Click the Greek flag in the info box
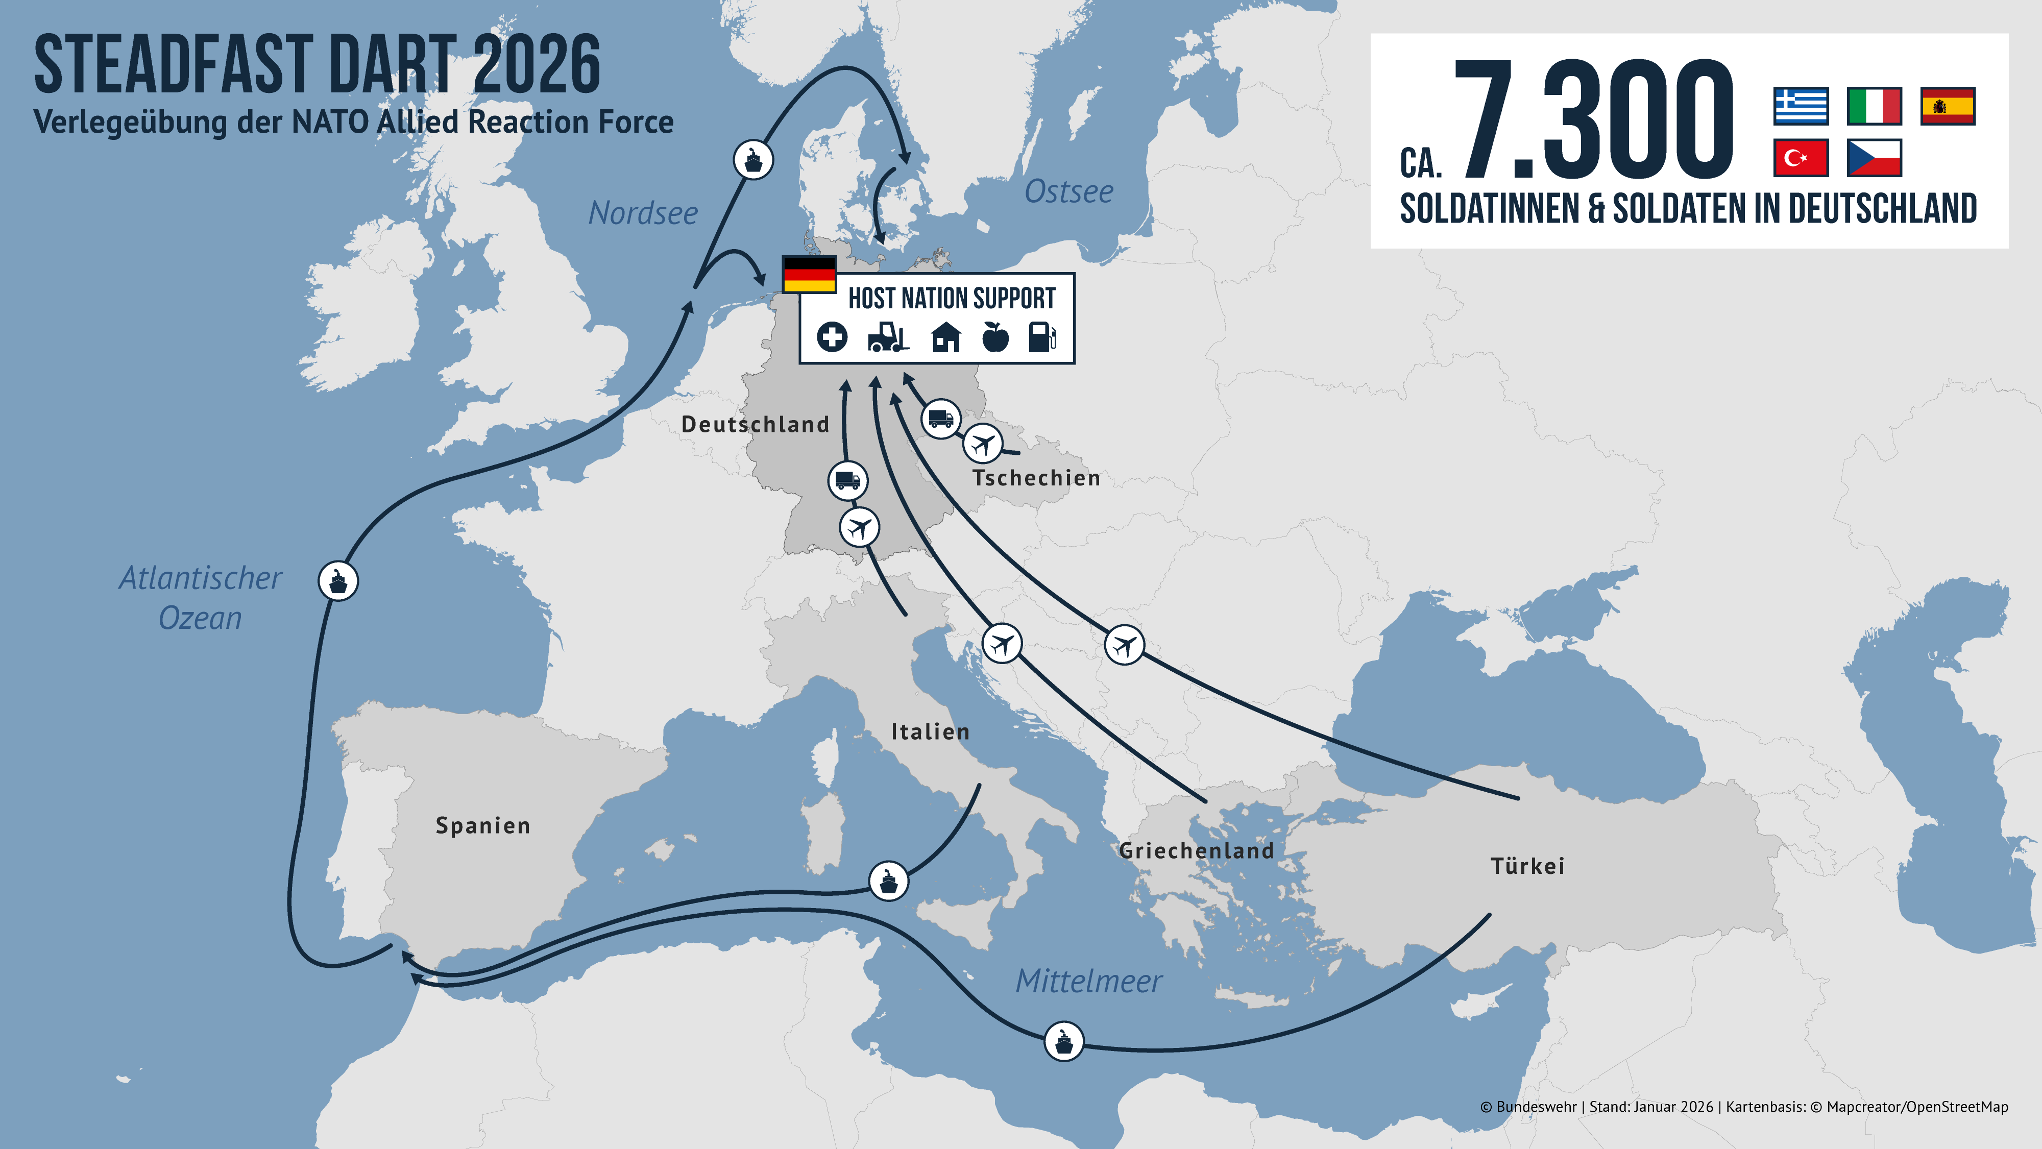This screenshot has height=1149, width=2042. pyautogui.click(x=1800, y=106)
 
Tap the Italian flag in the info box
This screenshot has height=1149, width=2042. pyautogui.click(x=1874, y=106)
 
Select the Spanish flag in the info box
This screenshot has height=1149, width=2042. pyautogui.click(x=1948, y=106)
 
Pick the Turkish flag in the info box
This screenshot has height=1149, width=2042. pyautogui.click(x=1800, y=158)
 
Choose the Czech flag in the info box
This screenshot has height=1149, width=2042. pyautogui.click(x=1874, y=158)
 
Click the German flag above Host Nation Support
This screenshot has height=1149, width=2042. pyautogui.click(x=809, y=274)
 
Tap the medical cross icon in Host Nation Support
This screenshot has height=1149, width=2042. pyautogui.click(x=832, y=337)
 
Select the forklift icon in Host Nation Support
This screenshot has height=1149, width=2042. pyautogui.click(x=888, y=337)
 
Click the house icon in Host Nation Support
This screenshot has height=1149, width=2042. pyautogui.click(x=945, y=337)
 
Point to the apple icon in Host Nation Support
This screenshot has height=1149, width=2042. pyautogui.click(x=995, y=337)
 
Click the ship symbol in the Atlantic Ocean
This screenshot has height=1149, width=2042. pyautogui.click(x=338, y=581)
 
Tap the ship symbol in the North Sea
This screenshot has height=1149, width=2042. pyautogui.click(x=753, y=160)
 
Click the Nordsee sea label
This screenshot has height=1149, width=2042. pyautogui.click(x=643, y=213)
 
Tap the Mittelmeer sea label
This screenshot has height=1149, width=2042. pyautogui.click(x=1088, y=981)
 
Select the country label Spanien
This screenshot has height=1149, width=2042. pyautogui.click(x=483, y=826)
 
